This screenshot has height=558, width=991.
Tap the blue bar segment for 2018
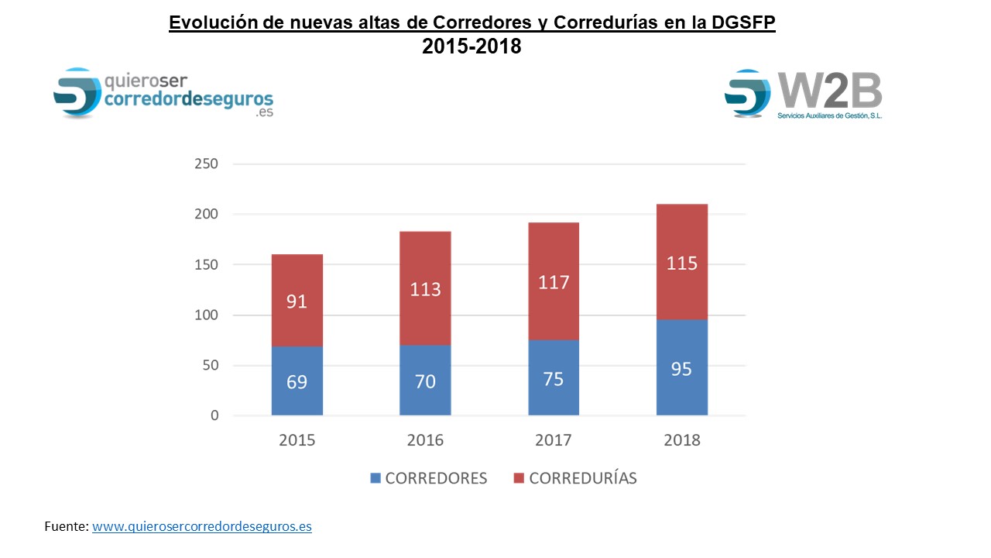click(681, 387)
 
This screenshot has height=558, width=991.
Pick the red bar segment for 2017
click(554, 256)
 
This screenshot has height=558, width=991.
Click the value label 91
click(297, 301)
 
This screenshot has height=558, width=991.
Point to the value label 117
click(554, 282)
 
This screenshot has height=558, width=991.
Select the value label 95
click(681, 369)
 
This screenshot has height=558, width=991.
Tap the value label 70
click(425, 381)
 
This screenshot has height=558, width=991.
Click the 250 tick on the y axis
click(207, 164)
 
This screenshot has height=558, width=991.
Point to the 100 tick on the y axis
click(207, 315)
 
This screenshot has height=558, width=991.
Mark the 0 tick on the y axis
click(214, 416)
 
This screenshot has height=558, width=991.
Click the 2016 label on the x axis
click(425, 440)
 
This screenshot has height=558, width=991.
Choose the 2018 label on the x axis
click(681, 440)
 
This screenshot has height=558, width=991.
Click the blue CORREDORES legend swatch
click(375, 478)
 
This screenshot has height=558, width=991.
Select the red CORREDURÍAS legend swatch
click(520, 478)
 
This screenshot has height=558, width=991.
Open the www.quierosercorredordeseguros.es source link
click(202, 527)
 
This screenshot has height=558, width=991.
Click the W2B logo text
click(830, 91)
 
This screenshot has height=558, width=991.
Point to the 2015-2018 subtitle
click(471, 46)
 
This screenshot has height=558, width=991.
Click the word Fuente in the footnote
click(66, 527)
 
